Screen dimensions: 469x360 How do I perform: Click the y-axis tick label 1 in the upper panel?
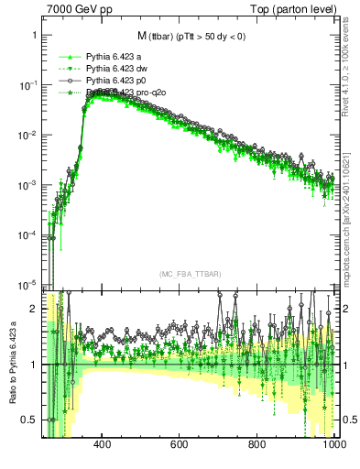coord(34,35)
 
